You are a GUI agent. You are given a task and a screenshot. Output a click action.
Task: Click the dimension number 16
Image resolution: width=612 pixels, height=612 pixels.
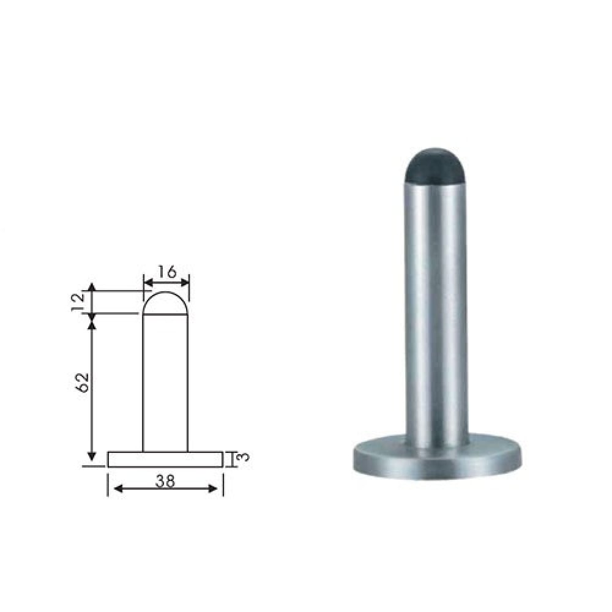click(167, 272)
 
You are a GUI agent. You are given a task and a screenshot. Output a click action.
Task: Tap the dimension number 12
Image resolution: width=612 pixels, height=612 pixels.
click(78, 301)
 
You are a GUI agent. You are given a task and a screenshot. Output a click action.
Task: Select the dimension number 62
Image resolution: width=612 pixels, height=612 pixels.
click(83, 382)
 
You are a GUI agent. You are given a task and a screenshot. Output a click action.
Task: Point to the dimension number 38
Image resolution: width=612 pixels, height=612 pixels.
click(165, 481)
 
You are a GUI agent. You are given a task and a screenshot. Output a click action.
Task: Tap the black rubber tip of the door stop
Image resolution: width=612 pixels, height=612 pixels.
click(435, 166)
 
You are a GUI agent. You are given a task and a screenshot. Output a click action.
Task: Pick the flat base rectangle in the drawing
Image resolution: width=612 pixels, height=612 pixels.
click(165, 460)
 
